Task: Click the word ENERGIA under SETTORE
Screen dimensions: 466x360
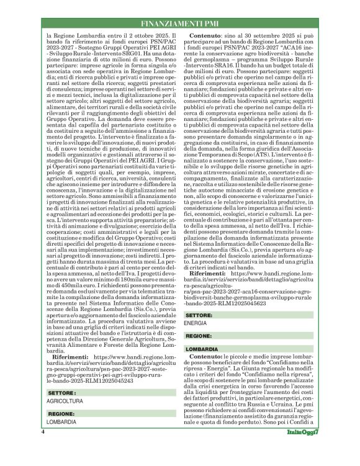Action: point(196,324)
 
